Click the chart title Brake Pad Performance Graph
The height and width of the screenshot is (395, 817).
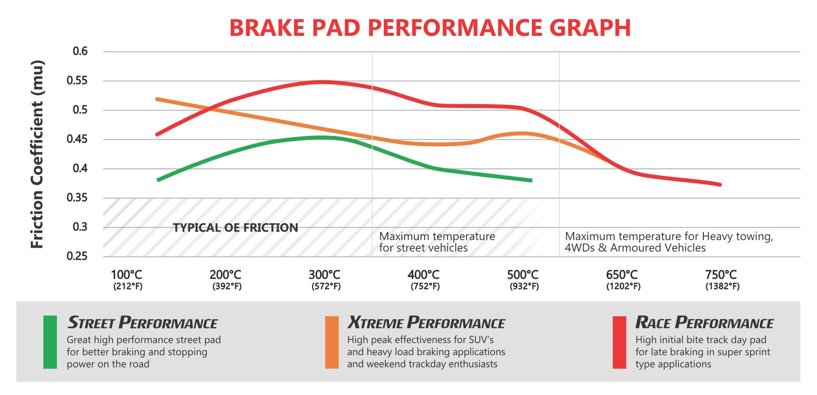point(430,28)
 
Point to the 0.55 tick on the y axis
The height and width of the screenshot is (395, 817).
point(77,81)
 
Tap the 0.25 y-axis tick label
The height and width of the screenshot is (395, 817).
point(77,256)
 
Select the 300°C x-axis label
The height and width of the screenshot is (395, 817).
point(325,274)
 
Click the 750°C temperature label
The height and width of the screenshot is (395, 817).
point(721,274)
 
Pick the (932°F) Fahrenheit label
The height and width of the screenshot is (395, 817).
point(524,286)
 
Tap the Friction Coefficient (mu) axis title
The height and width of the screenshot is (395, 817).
point(37,154)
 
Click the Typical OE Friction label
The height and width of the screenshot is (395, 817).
point(235,228)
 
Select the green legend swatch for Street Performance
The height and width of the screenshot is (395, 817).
point(50,342)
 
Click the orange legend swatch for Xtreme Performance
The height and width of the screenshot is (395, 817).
point(331,342)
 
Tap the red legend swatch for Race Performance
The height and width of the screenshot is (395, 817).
point(619,342)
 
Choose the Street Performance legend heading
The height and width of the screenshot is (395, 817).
point(143,323)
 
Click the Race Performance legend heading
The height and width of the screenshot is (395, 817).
point(704,323)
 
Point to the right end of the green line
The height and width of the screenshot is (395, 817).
point(531,180)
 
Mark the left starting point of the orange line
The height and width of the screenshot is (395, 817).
point(158,99)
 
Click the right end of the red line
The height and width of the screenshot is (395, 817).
point(720,185)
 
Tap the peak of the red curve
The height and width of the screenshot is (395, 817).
point(323,82)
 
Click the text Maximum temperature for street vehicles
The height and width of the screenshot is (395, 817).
point(437,242)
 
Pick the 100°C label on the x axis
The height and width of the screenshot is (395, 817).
point(127,274)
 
